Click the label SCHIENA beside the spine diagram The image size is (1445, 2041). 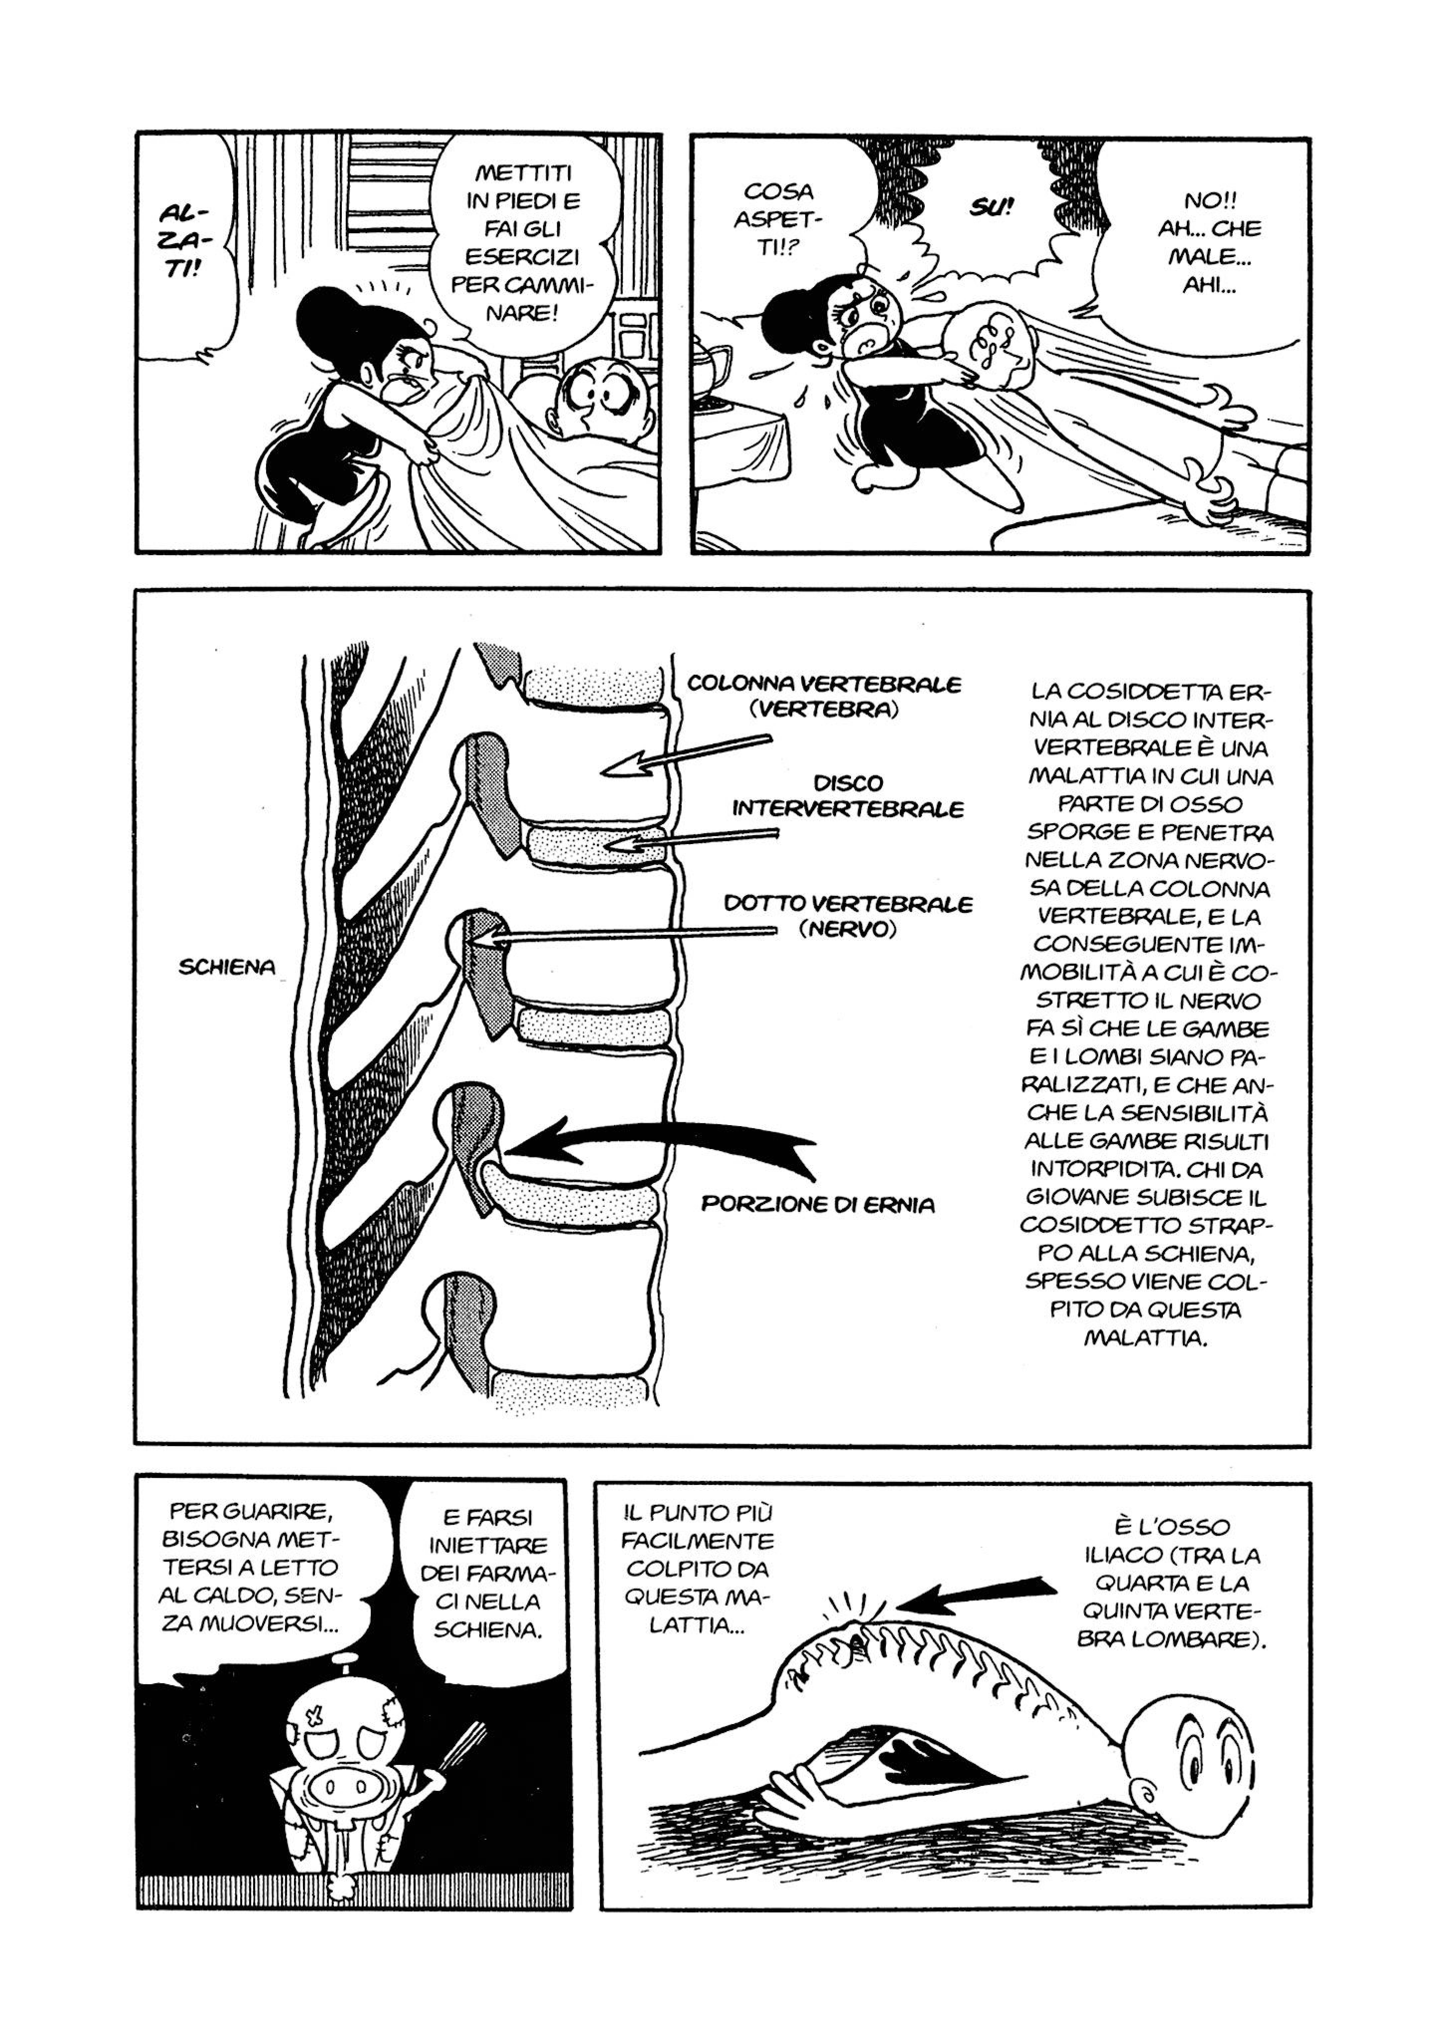click(227, 967)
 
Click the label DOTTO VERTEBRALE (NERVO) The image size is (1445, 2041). click(848, 916)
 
